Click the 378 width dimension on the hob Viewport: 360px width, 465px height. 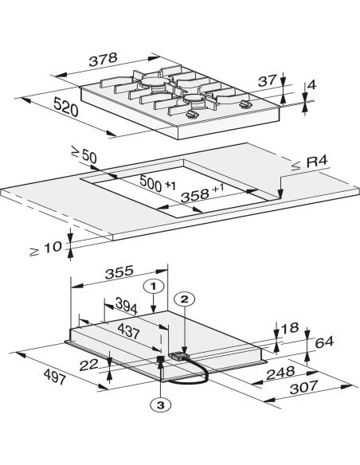(104, 59)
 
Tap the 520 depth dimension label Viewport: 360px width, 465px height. (66, 107)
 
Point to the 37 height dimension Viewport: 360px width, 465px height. (267, 80)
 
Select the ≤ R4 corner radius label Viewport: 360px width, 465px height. (309, 163)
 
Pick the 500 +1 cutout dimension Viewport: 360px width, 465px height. (158, 184)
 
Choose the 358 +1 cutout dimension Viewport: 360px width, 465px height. (202, 193)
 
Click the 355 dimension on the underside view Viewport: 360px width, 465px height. (119, 272)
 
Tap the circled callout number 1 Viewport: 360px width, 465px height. (153, 287)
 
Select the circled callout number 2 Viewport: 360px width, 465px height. (185, 299)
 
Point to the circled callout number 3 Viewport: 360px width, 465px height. (160, 405)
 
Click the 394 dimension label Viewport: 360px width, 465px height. (127, 306)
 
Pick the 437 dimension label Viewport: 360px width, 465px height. (128, 331)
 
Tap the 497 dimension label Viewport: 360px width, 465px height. (54, 377)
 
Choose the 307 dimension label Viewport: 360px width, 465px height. (304, 387)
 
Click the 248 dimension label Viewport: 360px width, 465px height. (280, 373)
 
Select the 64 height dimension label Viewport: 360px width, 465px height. (324, 342)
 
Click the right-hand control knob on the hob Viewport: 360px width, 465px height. (245, 104)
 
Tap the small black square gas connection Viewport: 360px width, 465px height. (161, 358)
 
